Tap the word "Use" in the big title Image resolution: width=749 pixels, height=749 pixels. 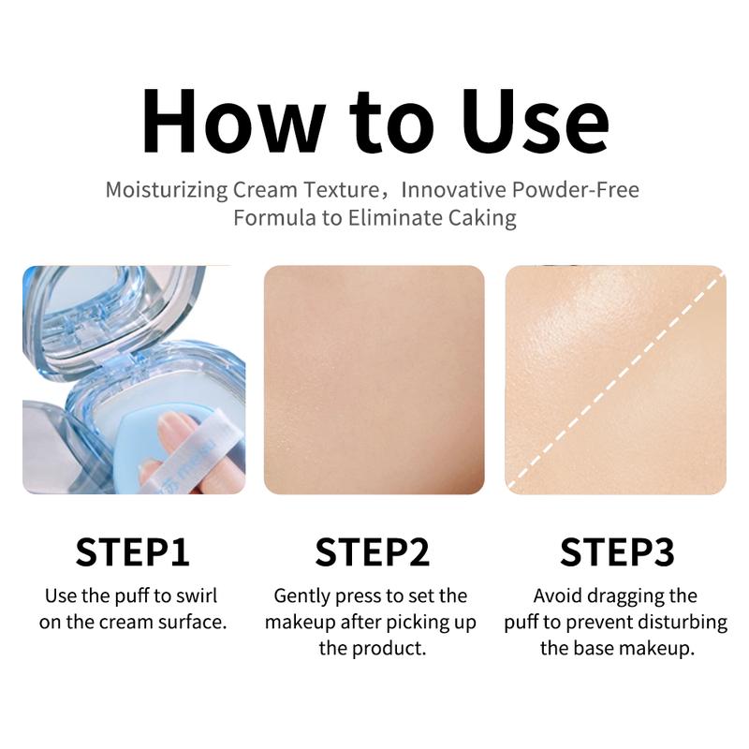pos(536,121)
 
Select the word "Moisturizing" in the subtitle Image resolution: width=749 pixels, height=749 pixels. pos(167,191)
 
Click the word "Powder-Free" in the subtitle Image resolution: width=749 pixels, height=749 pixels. pos(576,190)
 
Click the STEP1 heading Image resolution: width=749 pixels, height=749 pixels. pos(132,552)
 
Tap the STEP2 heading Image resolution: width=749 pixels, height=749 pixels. pos(373,552)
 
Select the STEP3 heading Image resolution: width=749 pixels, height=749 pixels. pos(617,552)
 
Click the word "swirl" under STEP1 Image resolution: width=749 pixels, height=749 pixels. pos(197,596)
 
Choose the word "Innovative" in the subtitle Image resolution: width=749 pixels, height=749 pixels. pos(454,190)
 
